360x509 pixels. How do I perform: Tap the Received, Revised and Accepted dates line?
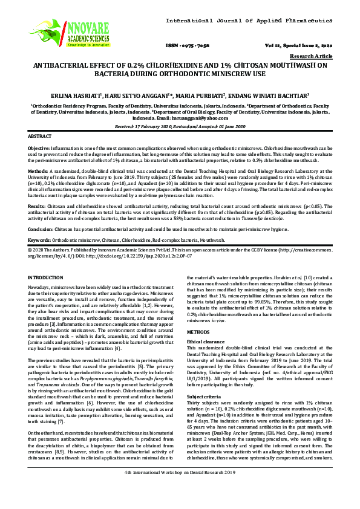click(x=180, y=126)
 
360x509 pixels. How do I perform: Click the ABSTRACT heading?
click(x=41, y=137)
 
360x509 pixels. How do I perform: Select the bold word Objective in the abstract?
click(x=39, y=148)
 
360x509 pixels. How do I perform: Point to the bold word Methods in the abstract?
click(x=38, y=171)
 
